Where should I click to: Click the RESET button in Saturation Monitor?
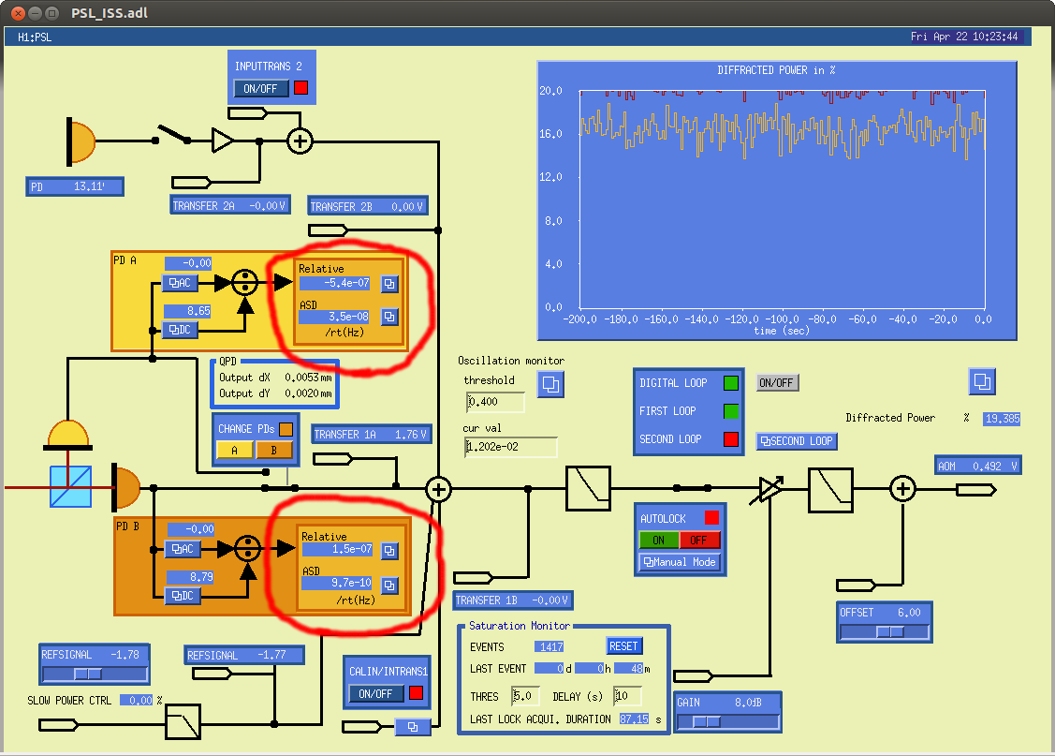coord(623,646)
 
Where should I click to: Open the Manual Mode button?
coord(680,562)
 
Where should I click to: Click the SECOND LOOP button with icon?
coord(797,441)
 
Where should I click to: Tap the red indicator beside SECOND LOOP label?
coord(731,439)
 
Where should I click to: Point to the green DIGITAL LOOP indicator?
coord(731,383)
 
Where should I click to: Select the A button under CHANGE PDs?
coord(234,450)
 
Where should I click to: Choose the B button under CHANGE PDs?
coord(274,450)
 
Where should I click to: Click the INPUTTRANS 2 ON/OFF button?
coord(261,88)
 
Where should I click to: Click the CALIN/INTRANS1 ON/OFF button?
coord(375,693)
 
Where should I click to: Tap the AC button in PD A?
coord(181,283)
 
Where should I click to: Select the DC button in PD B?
coord(183,596)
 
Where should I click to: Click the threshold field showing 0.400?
coord(495,402)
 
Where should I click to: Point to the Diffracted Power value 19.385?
coord(1002,419)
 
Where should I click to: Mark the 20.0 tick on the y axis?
coord(550,91)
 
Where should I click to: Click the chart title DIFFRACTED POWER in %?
coord(776,70)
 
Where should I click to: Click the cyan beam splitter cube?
coord(70,487)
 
